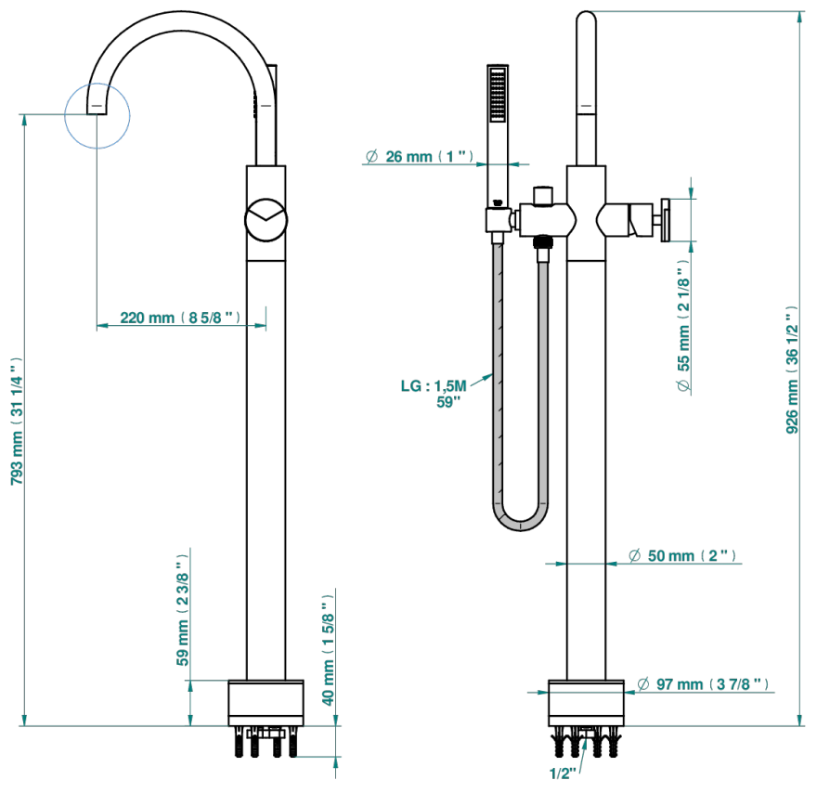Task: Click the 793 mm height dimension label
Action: [x=18, y=421]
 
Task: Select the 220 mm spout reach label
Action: [x=180, y=318]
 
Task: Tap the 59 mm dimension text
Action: [x=182, y=610]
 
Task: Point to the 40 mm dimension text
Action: [x=328, y=650]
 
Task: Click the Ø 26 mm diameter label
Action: [x=420, y=156]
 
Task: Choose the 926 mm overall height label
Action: [x=792, y=370]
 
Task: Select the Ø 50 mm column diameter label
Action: [x=682, y=555]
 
